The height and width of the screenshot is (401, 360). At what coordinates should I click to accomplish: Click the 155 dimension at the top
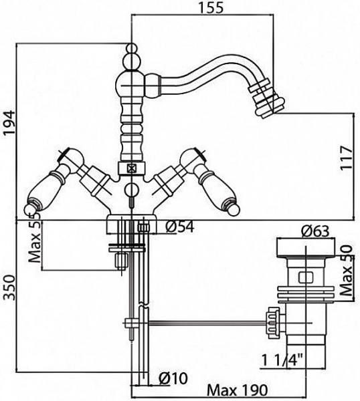tap(211, 7)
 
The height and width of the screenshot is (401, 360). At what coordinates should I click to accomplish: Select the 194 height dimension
tap(9, 122)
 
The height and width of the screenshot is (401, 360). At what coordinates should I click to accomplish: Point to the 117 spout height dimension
tap(346, 157)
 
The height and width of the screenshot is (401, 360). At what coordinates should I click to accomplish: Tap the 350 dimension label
tap(9, 287)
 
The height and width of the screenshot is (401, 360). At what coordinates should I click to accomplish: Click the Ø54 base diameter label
tap(180, 227)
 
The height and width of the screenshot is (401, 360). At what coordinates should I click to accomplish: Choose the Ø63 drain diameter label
tap(315, 231)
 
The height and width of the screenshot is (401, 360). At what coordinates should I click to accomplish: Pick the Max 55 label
tap(35, 237)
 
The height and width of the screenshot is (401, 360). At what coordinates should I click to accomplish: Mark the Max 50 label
tap(347, 270)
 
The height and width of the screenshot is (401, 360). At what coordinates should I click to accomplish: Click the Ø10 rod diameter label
tap(173, 378)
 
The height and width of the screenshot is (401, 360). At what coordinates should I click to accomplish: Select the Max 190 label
tap(237, 390)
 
